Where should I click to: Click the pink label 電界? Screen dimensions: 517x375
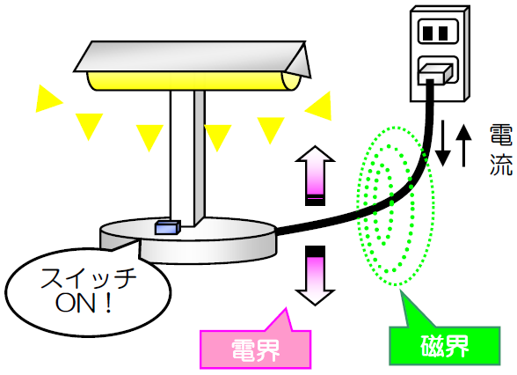click(x=256, y=349)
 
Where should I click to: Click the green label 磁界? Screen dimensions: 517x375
click(x=445, y=345)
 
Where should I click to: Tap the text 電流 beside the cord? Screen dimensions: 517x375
click(x=501, y=150)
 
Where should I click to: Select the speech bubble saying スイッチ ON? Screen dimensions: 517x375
click(x=88, y=291)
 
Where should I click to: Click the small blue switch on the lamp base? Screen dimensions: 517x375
click(x=168, y=227)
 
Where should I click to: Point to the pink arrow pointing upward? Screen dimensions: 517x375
click(x=315, y=176)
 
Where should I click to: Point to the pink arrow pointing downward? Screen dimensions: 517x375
click(x=315, y=276)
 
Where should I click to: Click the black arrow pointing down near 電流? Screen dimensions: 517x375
click(x=443, y=143)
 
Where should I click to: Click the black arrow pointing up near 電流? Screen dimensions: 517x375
click(x=463, y=145)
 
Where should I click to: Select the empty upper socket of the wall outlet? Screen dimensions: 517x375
click(x=438, y=32)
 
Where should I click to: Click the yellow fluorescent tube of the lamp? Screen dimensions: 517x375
click(x=193, y=81)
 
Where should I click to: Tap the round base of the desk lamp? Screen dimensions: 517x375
click(x=188, y=240)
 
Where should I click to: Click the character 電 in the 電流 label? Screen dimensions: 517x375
click(x=501, y=136)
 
